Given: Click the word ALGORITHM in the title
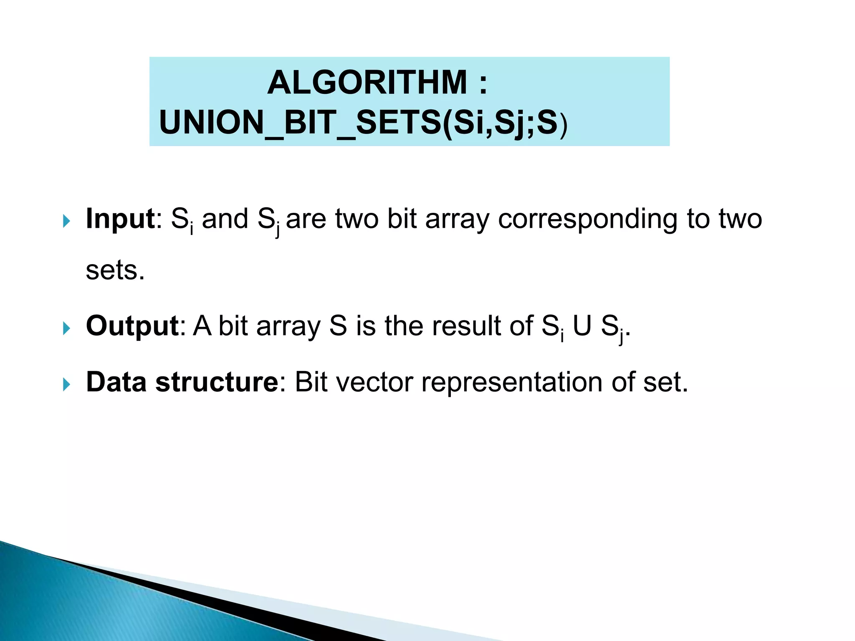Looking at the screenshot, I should (x=367, y=83).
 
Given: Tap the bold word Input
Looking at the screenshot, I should (x=120, y=219).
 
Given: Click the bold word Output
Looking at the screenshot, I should (x=132, y=326).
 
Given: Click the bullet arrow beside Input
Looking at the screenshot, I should (x=66, y=221).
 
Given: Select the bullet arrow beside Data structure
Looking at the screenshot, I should (x=66, y=384).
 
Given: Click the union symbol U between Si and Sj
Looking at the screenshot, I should (x=582, y=326).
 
